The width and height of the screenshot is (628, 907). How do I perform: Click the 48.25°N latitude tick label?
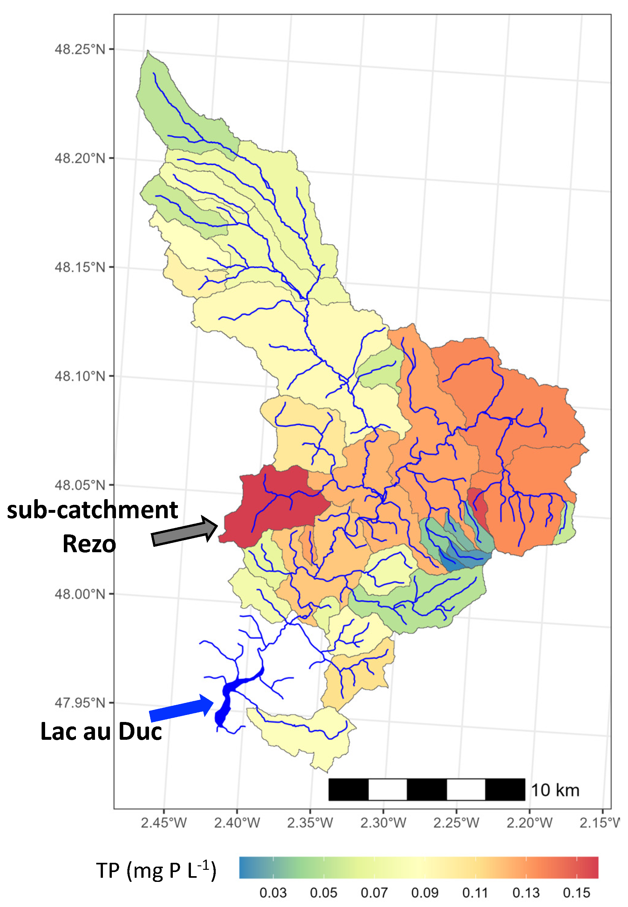point(80,50)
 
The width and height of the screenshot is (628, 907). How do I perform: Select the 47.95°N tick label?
point(80,702)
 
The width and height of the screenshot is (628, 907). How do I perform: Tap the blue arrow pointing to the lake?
point(181,709)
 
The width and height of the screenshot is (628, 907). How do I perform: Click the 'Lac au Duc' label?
point(101,732)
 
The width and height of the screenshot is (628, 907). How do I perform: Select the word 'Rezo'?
point(89,544)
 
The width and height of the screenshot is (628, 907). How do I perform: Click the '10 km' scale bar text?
point(555,790)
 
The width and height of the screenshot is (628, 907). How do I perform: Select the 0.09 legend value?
point(425,893)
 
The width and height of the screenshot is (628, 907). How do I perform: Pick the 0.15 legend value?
point(577,893)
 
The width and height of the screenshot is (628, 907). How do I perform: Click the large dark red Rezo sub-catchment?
point(275,508)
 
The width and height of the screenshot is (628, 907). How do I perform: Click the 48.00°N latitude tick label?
point(80,594)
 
